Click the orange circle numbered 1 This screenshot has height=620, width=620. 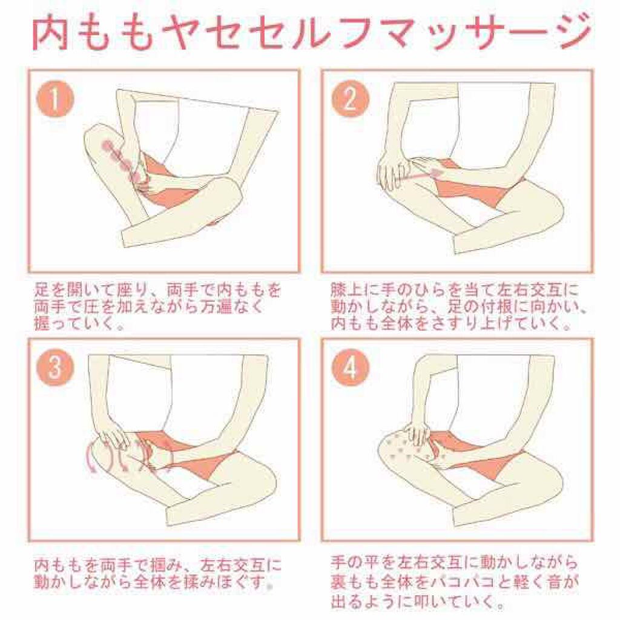click(x=55, y=99)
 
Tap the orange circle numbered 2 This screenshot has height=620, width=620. click(x=350, y=99)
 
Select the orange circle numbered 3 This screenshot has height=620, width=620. click(x=55, y=368)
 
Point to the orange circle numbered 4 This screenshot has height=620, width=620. click(x=350, y=368)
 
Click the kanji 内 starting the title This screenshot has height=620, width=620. click(x=50, y=33)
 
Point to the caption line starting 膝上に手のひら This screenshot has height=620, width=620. click(x=455, y=290)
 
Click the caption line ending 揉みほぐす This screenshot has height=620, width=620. click(x=154, y=582)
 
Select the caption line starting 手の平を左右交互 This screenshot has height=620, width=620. click(x=454, y=561)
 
